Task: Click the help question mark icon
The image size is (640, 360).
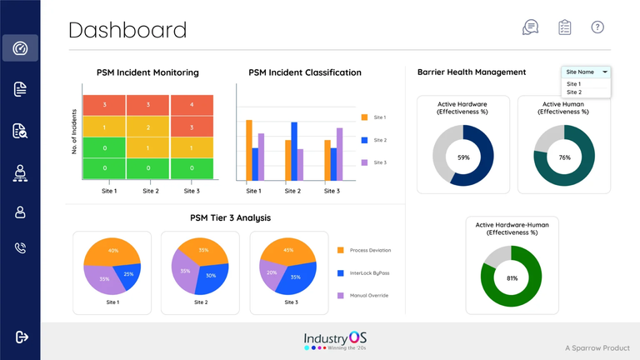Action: pyautogui.click(x=597, y=27)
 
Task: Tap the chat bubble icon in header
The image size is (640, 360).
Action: pyautogui.click(x=530, y=27)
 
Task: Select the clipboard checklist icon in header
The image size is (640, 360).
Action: pyautogui.click(x=564, y=27)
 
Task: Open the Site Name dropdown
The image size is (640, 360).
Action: pyautogui.click(x=586, y=72)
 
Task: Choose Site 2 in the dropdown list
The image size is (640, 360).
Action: pyautogui.click(x=574, y=92)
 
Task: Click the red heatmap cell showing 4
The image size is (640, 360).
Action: pyautogui.click(x=192, y=105)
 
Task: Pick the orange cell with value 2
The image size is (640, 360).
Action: pyautogui.click(x=147, y=127)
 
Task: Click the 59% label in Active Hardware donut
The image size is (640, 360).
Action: pyautogui.click(x=463, y=157)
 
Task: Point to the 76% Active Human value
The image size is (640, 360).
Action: pyautogui.click(x=564, y=157)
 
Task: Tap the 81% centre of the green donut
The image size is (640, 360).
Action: pyautogui.click(x=512, y=278)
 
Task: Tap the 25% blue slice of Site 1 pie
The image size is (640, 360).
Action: pyautogui.click(x=127, y=272)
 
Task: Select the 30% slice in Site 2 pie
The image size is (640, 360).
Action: pyautogui.click(x=211, y=276)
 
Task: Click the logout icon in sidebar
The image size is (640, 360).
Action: pyautogui.click(x=21, y=337)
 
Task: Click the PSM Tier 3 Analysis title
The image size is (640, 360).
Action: pyautogui.click(x=230, y=218)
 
